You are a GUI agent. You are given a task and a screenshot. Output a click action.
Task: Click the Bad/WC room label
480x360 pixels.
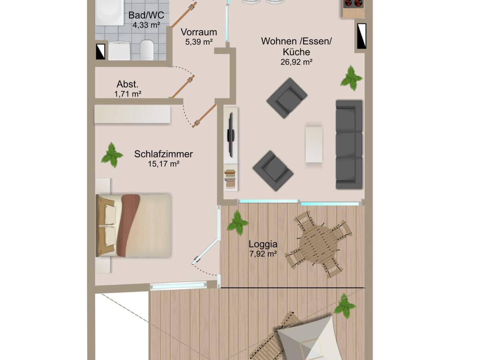pos(143,16)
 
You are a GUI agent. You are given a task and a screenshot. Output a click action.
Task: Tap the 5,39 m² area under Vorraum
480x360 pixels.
pos(198,42)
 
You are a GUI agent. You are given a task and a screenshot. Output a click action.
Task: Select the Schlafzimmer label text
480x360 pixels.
pos(164,154)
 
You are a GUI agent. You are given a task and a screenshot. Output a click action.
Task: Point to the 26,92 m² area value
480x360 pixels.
pos(296,62)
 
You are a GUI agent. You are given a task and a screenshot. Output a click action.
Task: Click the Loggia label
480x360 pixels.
pos(263,244)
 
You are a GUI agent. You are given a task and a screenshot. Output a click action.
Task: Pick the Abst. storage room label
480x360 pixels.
pos(128,85)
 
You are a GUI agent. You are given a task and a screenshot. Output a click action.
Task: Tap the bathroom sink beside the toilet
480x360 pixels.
pos(119,51)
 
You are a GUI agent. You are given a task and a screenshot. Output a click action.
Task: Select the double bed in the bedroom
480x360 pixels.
pos(134,225)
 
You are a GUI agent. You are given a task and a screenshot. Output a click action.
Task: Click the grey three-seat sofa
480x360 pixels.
pos(349,144)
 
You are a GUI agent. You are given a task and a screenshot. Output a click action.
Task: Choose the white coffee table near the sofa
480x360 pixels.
pos(314,144)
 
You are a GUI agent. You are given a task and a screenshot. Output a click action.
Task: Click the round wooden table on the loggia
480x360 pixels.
pos(318,243)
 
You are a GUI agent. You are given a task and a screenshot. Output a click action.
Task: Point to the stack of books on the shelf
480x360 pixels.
pos(230,179)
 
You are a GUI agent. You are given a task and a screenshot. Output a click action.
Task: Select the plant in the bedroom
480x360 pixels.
pos(112,155)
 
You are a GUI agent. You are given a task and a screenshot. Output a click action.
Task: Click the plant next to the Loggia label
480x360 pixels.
pos(238,222)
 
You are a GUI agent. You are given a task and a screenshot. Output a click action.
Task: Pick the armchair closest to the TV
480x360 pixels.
pos(273,170)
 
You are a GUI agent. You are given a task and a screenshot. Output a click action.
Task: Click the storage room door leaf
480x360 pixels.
pos(183,87)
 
